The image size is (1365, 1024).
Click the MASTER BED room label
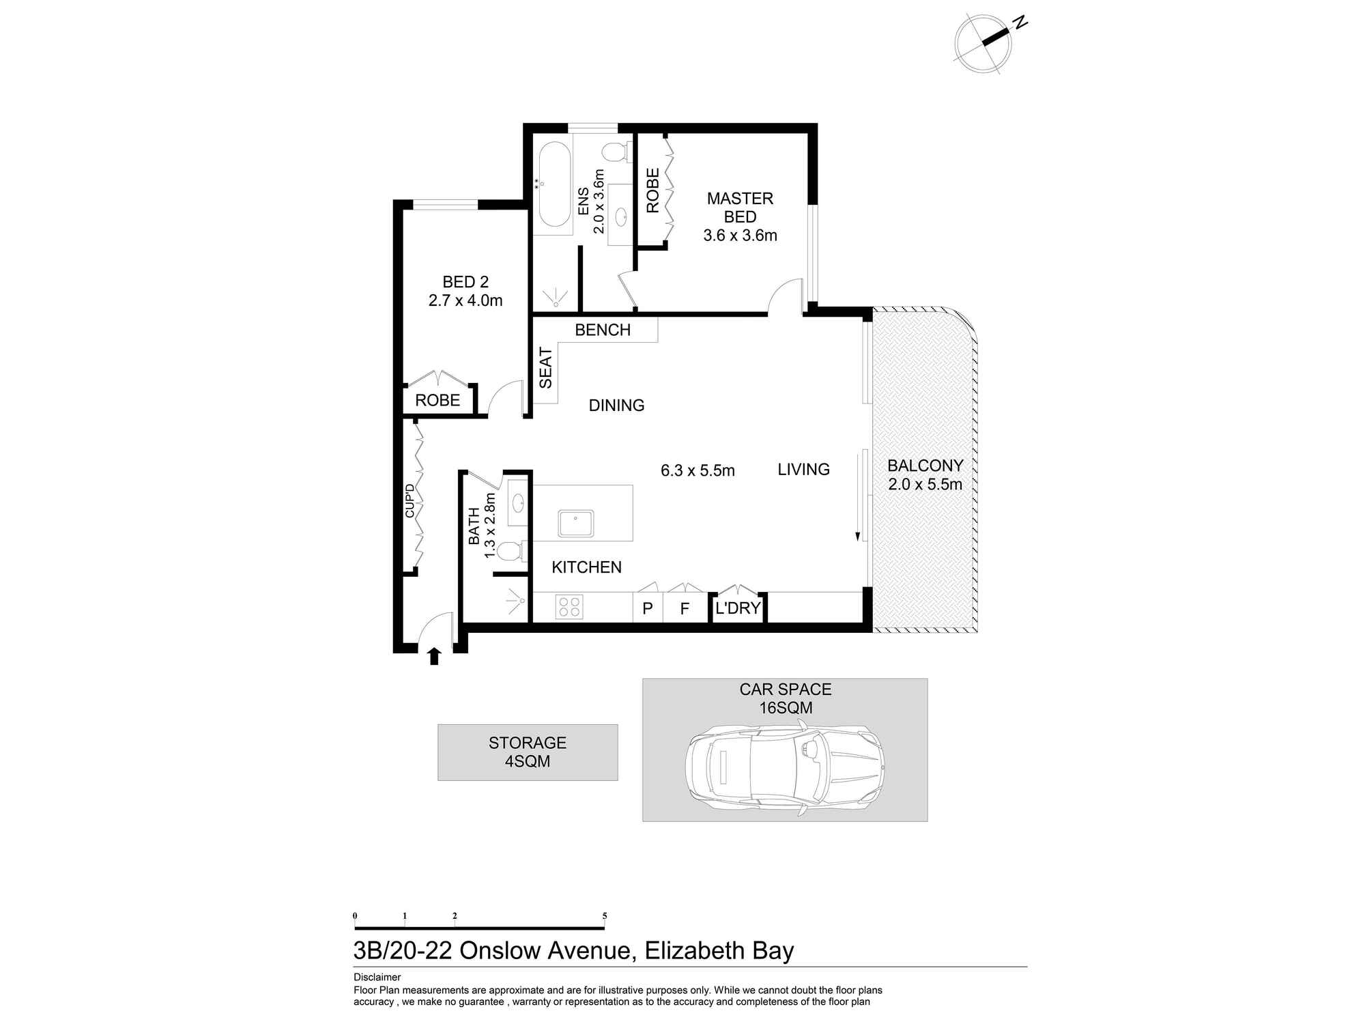pyautogui.click(x=740, y=208)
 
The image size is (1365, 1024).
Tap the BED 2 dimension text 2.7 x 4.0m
pyautogui.click(x=465, y=300)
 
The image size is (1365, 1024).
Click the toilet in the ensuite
pyautogui.click(x=617, y=152)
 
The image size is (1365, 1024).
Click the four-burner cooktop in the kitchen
pyautogui.click(x=569, y=606)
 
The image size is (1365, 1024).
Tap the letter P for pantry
pyautogui.click(x=648, y=608)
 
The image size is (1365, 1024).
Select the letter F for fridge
pyautogui.click(x=685, y=608)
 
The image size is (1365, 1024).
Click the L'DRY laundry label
pyautogui.click(x=738, y=608)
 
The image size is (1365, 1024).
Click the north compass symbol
pyautogui.click(x=983, y=44)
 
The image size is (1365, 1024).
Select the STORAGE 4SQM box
pyautogui.click(x=528, y=752)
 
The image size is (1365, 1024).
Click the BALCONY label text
pyautogui.click(x=925, y=466)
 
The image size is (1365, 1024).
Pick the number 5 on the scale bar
pyautogui.click(x=605, y=916)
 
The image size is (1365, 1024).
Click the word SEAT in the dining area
pyautogui.click(x=545, y=368)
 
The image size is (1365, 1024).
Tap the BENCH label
pyautogui.click(x=603, y=330)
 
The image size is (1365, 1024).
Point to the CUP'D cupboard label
pyautogui.click(x=409, y=500)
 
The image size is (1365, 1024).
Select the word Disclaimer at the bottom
pyautogui.click(x=377, y=977)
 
